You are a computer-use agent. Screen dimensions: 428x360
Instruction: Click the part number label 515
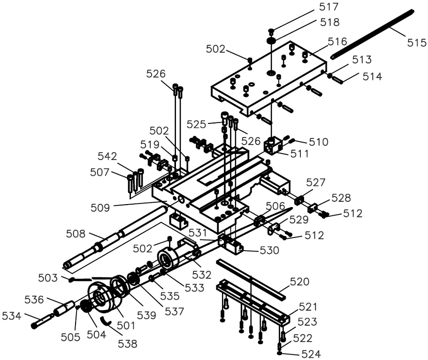coord(417,43)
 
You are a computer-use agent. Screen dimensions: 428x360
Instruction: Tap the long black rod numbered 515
coord(372,34)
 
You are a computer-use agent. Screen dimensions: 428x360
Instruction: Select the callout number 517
coord(329,7)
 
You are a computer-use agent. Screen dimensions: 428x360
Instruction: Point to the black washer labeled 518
coord(271,41)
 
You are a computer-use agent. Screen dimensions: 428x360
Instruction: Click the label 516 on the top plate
coord(337,42)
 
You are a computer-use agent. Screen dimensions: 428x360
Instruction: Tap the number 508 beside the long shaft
coord(76,234)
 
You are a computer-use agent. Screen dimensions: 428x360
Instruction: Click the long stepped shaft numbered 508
coord(115,237)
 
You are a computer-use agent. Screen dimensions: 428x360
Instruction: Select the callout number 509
coord(100,208)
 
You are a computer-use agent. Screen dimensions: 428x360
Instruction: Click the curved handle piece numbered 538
coord(106,321)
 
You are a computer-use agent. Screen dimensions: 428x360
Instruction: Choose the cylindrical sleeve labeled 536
coord(64,309)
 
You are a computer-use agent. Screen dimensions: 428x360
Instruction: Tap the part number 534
coord(11,316)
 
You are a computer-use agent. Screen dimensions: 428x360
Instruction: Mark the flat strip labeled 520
coord(251,279)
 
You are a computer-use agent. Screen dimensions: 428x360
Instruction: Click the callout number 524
coord(311,354)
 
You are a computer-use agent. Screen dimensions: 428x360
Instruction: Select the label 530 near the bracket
coord(269,250)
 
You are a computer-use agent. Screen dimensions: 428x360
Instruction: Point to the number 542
coord(107,156)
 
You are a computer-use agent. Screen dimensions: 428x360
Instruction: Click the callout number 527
coord(316,182)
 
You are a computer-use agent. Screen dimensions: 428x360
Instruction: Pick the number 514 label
coord(372,77)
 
